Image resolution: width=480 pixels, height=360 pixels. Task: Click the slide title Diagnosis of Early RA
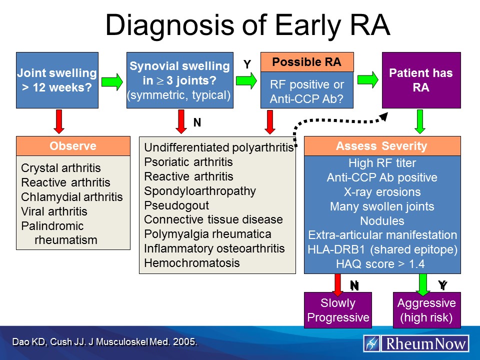pos(247,24)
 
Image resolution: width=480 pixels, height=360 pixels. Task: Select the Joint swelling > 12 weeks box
pos(56,80)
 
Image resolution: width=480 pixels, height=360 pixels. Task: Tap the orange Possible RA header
pos(306,62)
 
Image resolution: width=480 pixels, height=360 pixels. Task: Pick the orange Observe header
pos(73,146)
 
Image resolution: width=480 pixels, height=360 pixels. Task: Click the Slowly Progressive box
pos(338,310)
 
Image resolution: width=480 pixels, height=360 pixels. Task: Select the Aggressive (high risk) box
pos(426,310)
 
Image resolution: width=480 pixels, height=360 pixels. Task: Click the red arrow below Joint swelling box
pos(59,121)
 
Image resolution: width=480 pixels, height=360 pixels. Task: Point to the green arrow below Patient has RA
pos(420,122)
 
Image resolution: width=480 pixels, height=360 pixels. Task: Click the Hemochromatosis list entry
pos(192,263)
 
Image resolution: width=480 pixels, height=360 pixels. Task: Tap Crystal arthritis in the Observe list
pos(60,168)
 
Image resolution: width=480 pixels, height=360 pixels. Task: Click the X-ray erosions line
pos(382,192)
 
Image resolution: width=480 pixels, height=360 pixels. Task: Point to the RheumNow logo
pos(416,343)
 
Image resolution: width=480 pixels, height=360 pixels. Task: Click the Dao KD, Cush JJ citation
pos(104,342)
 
